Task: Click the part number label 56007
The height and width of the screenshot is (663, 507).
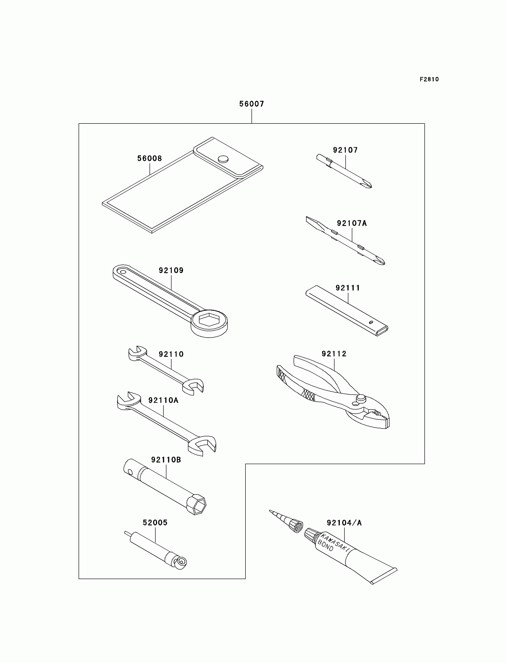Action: (x=251, y=104)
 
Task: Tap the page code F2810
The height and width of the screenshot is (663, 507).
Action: (x=429, y=79)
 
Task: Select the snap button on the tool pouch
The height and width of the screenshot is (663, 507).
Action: (x=223, y=159)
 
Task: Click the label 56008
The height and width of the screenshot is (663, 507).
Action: (x=149, y=158)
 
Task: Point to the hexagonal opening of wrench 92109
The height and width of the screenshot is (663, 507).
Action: (x=209, y=319)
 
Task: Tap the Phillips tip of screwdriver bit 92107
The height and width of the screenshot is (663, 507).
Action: (x=367, y=184)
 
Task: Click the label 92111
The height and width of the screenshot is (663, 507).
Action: (x=348, y=288)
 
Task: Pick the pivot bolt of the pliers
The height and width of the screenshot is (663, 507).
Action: (x=361, y=399)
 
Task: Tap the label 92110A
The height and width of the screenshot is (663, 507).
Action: (x=163, y=400)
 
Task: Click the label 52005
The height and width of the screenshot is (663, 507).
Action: (x=155, y=522)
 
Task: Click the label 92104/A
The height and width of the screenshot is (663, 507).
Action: (x=344, y=523)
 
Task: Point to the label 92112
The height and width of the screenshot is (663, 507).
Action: (x=334, y=354)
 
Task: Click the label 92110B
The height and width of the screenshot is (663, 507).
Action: (x=166, y=460)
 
